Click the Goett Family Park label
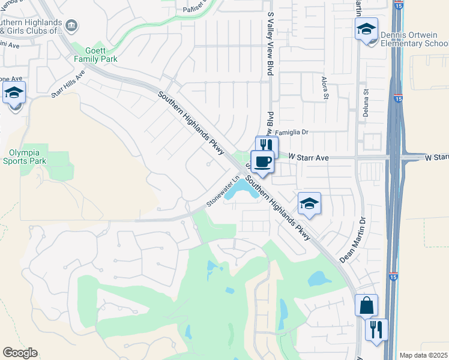click(x=95, y=55)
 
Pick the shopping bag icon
click(x=366, y=306)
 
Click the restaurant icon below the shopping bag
click(x=376, y=329)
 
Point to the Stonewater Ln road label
click(x=223, y=191)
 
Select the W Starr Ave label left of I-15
click(x=309, y=157)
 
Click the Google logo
click(x=20, y=353)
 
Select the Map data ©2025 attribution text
click(x=423, y=355)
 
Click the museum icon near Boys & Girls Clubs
click(x=71, y=26)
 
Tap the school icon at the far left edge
click(x=14, y=94)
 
